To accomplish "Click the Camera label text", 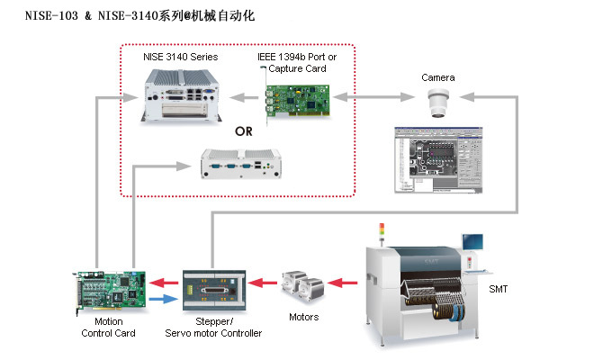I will click(x=438, y=77).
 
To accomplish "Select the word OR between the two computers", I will click(x=245, y=130).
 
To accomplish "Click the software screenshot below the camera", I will click(x=438, y=162).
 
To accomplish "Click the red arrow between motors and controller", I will click(x=261, y=283).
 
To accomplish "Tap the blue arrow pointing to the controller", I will click(x=163, y=298).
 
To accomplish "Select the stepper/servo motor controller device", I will click(x=213, y=289).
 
